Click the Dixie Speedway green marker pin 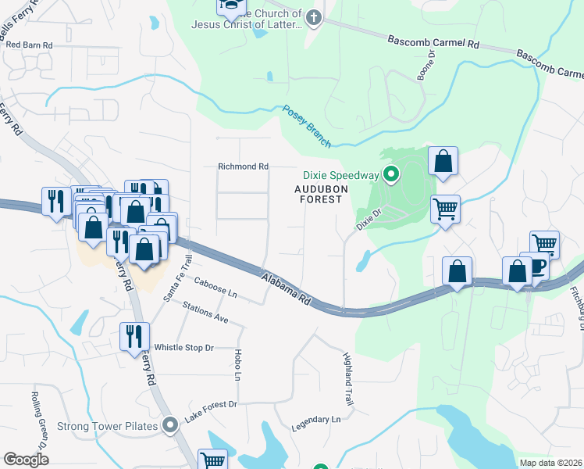pos(393,174)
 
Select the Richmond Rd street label pos(243,166)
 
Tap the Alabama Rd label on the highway pos(287,290)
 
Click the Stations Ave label pos(205,313)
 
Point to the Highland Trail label pos(347,378)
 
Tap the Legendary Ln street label pos(316,419)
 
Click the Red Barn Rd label pos(29,45)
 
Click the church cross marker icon pos(314,18)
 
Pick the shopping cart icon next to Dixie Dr pos(444,209)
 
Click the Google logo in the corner pos(26,459)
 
